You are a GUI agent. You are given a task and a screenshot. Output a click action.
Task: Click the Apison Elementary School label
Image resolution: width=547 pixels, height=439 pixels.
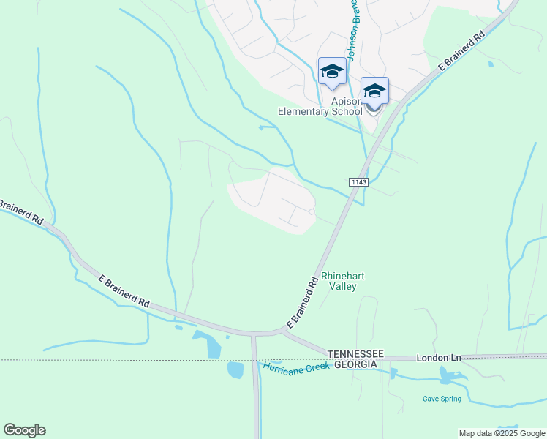coord(320,105)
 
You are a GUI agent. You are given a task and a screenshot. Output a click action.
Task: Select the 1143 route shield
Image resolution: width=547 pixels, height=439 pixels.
coord(357,181)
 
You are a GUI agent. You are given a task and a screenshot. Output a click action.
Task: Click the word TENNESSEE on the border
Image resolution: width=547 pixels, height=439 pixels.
coord(355,353)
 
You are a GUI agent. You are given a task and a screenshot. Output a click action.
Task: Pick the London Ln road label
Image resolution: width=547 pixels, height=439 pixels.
coord(439,358)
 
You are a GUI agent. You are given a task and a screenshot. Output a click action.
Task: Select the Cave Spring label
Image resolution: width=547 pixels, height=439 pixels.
coord(442,399)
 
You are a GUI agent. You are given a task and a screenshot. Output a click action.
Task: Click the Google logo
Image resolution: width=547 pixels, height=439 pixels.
coord(24,430)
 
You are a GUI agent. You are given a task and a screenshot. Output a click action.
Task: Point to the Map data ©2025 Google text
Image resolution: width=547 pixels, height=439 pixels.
coord(502,433)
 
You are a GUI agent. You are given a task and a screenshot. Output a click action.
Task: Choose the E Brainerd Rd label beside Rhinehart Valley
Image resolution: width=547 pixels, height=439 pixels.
coord(302,301)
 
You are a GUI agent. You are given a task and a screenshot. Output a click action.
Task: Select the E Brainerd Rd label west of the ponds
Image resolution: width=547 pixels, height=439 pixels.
coord(124,291)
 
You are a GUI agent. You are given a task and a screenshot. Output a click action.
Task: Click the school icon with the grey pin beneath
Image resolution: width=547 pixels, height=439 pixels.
coord(374,91)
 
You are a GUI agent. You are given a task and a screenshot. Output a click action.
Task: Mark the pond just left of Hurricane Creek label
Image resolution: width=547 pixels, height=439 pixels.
coord(235,370)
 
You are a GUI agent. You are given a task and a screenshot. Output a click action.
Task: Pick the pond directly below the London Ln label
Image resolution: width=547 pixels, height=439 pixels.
coord(445,375)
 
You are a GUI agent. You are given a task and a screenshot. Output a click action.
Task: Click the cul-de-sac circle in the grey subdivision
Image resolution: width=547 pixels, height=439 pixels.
coord(312,212)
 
